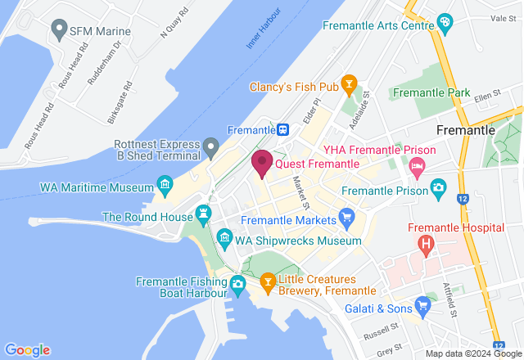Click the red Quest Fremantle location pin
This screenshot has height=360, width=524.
point(262,162)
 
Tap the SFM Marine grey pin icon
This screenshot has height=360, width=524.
point(59,30)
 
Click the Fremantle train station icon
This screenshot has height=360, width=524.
point(282,129)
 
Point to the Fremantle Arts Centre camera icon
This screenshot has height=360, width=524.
point(445,21)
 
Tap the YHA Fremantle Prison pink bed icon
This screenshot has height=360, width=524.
point(417,166)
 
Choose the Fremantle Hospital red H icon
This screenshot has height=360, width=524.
point(426,243)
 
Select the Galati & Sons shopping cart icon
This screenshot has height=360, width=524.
point(422,307)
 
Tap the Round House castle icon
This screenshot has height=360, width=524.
point(203,214)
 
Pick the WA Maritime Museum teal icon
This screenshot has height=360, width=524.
point(165,184)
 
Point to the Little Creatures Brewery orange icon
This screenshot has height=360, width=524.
point(267,284)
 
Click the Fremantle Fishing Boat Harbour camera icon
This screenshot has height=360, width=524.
point(237,284)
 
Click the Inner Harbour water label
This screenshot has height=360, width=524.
point(264,30)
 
